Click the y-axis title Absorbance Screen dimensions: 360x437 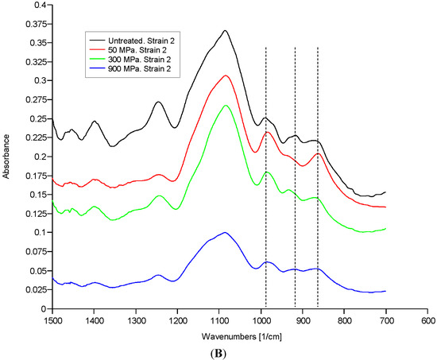[x=7, y=157]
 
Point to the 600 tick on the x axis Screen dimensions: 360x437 [x=428, y=319]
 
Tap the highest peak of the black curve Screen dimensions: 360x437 [x=226, y=30]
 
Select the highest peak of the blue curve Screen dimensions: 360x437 [x=226, y=232]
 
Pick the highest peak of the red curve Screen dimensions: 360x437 [x=226, y=75]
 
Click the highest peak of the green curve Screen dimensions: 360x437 [x=226, y=105]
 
